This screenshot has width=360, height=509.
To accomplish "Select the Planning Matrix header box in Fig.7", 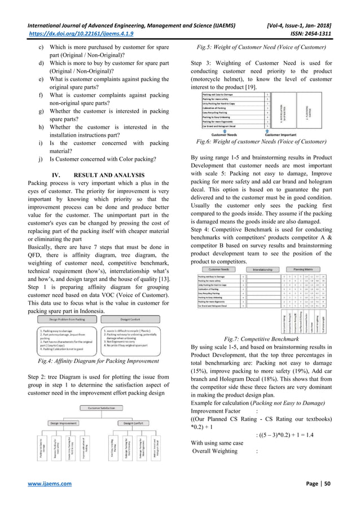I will (313, 270).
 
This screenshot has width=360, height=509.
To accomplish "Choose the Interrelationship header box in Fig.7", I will (268, 270).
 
